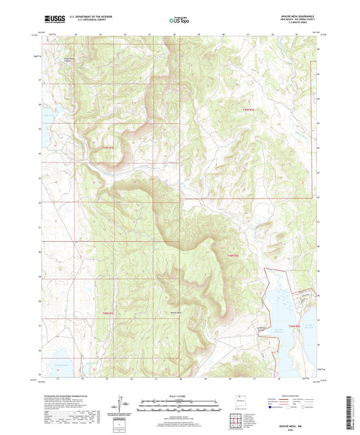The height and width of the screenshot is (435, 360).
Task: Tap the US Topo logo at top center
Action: pos(179,21)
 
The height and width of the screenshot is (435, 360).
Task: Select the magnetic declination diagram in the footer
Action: pos(122,405)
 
